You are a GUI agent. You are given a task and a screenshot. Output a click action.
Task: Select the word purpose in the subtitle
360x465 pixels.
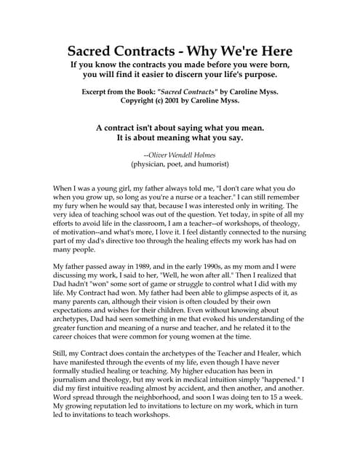[254, 75]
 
